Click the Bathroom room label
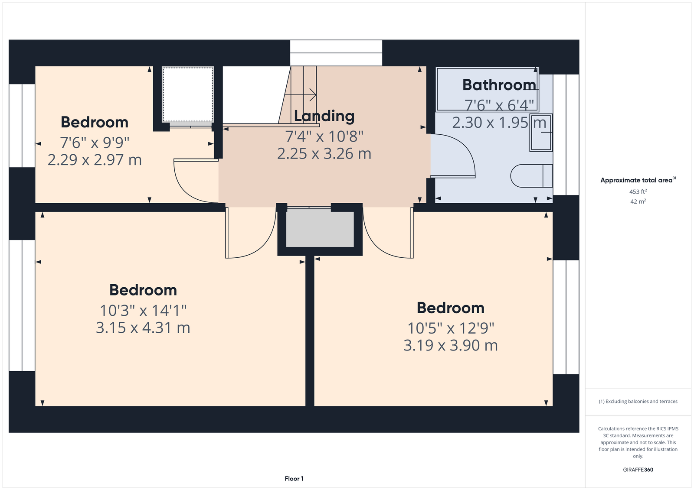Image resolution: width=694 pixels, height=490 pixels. coord(499,85)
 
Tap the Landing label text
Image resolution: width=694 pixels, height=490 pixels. coord(324,117)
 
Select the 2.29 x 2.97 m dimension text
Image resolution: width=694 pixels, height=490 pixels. coord(95,160)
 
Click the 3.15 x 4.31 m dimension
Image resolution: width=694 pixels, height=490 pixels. coord(143,328)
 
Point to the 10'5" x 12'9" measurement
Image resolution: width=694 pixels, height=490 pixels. coord(451,328)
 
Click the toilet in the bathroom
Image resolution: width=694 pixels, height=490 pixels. coord(532,176)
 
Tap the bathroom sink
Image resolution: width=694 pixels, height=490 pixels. coord(541,133)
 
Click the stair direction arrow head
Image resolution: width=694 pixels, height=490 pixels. coord(313,95)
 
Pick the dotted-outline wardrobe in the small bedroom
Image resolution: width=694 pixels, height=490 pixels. coord(188,94)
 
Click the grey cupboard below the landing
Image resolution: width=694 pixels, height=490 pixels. coord(320,229)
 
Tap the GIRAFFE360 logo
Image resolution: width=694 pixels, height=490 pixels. coord(638,470)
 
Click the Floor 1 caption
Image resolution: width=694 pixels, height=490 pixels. coord(294,479)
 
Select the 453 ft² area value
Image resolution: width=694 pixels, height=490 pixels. coord(638,191)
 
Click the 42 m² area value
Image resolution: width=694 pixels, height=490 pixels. coord(638,201)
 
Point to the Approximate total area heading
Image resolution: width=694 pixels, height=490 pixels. coord(638,180)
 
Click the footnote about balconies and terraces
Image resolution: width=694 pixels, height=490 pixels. coord(638,402)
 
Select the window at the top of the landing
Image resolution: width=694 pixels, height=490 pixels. coord(336,53)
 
